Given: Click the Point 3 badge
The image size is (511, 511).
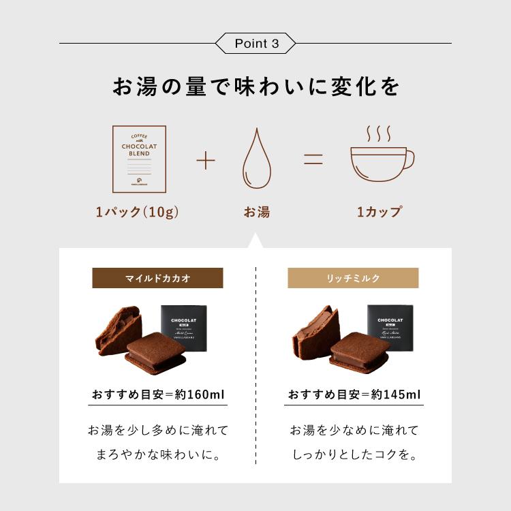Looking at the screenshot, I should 255,44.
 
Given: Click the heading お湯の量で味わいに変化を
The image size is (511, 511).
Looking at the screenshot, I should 255,87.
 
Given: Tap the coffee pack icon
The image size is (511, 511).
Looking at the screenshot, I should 139,158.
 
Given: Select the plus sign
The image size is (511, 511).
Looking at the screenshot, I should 205,161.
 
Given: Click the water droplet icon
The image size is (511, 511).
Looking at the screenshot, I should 256,161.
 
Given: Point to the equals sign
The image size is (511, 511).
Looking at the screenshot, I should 313,161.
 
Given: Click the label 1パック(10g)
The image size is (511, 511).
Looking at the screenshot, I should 138,212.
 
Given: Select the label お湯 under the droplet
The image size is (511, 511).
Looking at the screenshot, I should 256,212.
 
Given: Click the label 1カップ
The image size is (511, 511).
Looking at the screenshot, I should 379,212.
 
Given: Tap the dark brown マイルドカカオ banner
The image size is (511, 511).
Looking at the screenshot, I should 157,278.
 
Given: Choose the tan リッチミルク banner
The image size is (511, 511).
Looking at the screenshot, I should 353,278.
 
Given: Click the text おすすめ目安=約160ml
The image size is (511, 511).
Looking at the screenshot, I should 158,394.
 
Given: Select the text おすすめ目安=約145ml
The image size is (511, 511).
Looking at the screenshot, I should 354,394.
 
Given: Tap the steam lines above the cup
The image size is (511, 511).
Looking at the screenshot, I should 379,131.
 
